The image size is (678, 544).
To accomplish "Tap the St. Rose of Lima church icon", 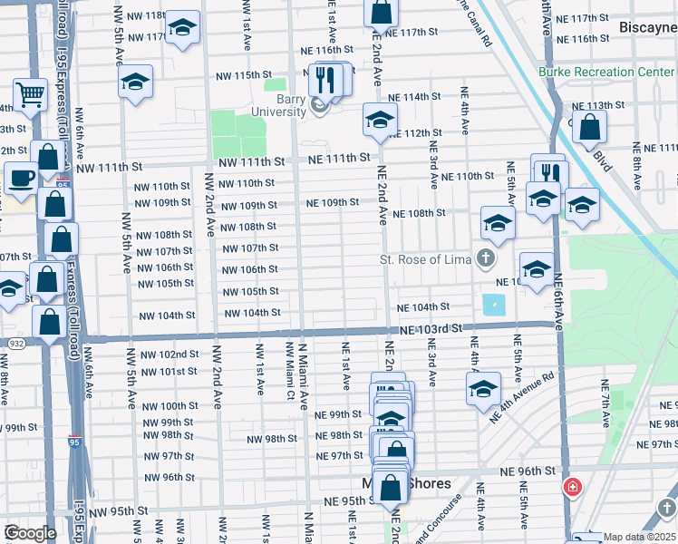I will pos(486,260).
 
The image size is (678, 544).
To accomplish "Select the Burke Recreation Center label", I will pos(598,72).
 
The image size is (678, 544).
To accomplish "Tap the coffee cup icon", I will pos(21,177).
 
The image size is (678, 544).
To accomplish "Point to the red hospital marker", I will pos(573,488).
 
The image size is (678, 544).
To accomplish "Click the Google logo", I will pos(29,532).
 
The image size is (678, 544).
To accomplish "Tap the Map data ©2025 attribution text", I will pos(639,537).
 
